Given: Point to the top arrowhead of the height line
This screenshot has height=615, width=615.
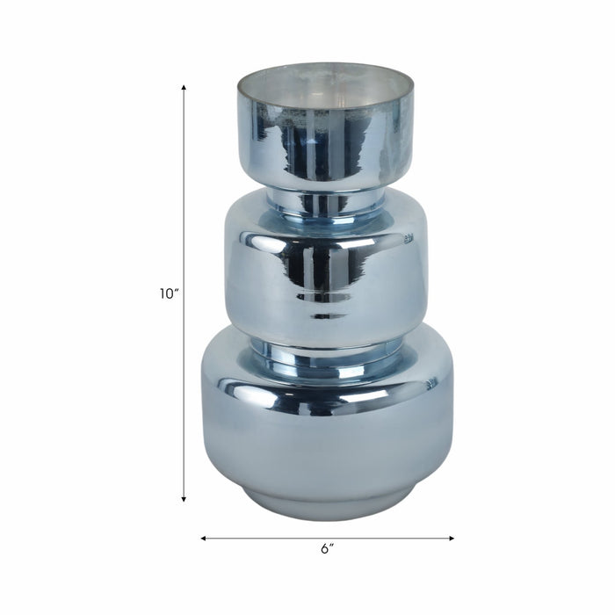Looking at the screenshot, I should [184, 87].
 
